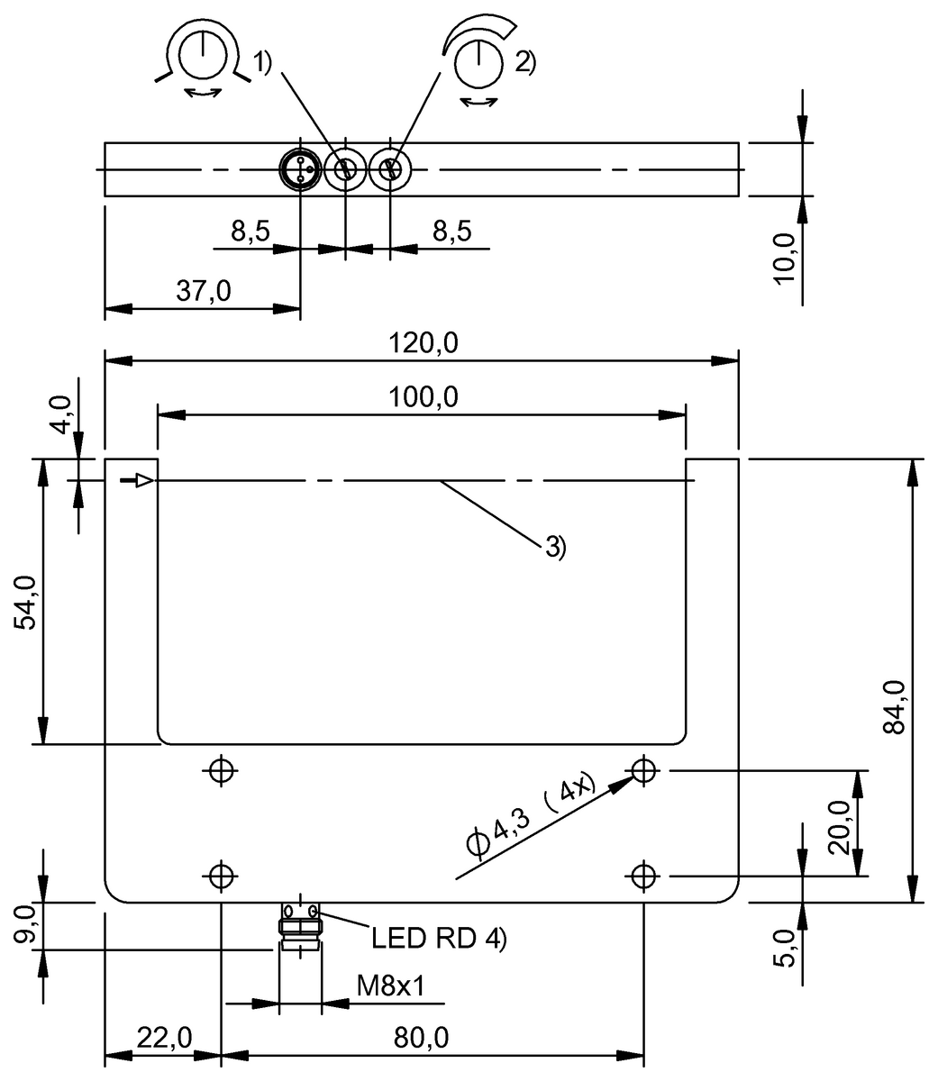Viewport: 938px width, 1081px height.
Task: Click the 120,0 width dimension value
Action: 422,343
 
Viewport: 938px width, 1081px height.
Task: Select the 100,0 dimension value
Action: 422,397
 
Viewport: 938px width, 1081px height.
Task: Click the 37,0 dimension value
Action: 202,291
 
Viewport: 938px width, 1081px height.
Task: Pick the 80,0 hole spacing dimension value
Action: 421,1039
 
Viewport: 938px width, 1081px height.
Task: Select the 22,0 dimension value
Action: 163,1039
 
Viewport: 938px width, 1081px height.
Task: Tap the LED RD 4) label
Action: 439,939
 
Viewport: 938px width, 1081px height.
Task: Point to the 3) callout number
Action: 554,545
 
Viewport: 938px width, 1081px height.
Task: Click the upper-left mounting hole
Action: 221,770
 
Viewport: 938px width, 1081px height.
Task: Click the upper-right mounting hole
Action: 642,770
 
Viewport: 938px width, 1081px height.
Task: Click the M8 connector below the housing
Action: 299,928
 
